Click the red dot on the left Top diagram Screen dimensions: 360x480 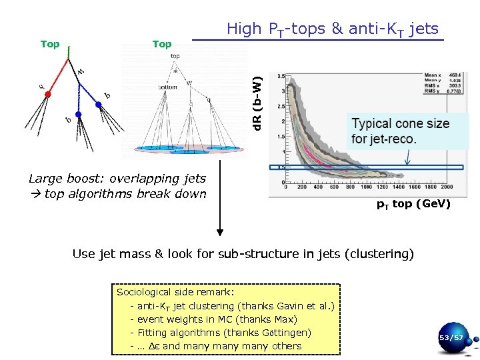point(47,95)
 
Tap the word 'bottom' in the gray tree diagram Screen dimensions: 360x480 point(167,87)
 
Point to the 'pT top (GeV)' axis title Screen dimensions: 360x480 point(413,204)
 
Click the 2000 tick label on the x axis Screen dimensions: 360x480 point(446,187)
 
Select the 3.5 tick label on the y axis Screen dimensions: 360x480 point(281,75)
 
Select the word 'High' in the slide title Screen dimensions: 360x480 point(245,29)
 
